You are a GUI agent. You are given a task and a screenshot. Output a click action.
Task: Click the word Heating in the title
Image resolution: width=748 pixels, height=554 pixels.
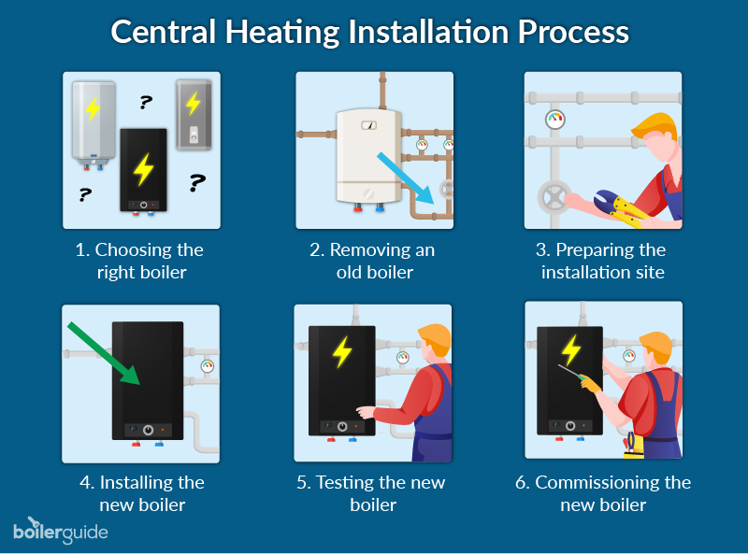(x=282, y=33)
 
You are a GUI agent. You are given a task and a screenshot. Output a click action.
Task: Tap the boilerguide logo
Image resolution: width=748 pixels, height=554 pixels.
(x=61, y=530)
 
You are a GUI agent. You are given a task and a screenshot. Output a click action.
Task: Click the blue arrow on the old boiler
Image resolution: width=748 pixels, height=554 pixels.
(x=405, y=178)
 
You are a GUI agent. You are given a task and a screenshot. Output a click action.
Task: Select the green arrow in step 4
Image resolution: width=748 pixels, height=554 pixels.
(x=104, y=353)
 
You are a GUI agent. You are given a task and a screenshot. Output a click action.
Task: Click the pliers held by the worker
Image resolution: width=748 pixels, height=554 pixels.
(x=620, y=207)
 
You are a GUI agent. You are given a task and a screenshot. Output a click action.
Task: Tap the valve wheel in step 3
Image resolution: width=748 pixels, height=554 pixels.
(x=554, y=197)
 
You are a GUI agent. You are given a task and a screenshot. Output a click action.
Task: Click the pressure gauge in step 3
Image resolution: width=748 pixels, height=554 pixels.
(x=555, y=120)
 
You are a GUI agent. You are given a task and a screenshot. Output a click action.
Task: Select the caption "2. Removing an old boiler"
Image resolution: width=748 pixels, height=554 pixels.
(x=373, y=261)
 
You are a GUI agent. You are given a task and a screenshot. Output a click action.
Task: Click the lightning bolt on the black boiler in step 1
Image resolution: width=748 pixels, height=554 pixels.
(x=143, y=169)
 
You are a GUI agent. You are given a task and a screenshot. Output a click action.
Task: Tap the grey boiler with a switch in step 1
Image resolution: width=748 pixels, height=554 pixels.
(x=194, y=115)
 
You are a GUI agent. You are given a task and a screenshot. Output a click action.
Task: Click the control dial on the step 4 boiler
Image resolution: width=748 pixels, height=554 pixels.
(x=149, y=430)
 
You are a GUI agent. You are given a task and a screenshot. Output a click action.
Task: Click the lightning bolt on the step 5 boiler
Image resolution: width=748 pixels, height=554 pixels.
(x=342, y=352)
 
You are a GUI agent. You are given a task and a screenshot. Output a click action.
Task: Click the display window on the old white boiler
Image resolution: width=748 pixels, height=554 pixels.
(x=369, y=125)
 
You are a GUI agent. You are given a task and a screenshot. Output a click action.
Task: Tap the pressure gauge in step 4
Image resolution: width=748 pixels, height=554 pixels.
(x=207, y=365)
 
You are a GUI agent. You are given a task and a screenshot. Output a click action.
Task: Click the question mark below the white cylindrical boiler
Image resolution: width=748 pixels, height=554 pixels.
(x=85, y=194)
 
